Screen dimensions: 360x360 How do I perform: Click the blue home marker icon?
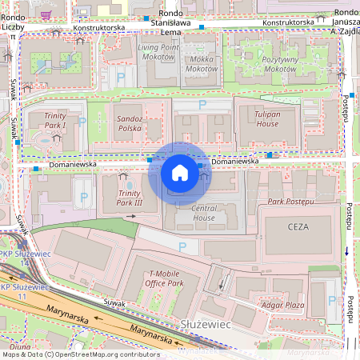[x=180, y=173]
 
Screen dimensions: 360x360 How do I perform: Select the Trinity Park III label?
[x=130, y=198]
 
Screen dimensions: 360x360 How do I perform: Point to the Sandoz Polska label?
[x=129, y=123]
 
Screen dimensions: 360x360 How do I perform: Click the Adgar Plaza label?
[x=283, y=305]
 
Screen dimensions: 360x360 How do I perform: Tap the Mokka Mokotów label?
[x=201, y=64]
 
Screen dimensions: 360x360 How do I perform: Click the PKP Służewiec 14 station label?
[x=18, y=257]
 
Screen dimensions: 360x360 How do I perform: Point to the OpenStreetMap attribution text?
[x=80, y=354]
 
